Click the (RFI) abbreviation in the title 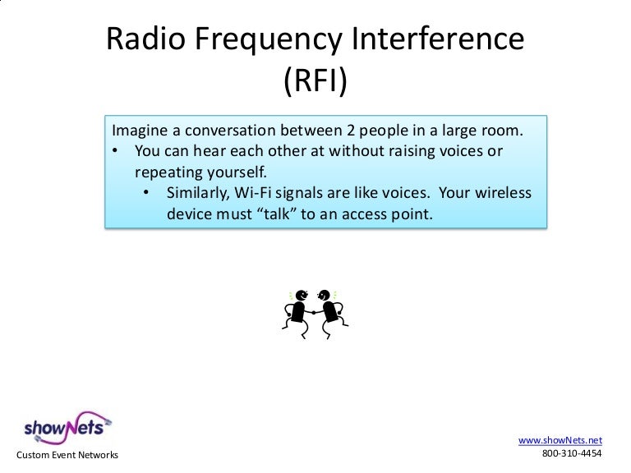tap(315, 81)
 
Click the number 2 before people tap(358, 132)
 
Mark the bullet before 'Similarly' tap(147, 194)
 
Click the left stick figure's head tap(302, 295)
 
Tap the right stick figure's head tap(325, 295)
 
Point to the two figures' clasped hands tap(313, 312)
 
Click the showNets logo tap(65, 426)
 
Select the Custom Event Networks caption tap(67, 455)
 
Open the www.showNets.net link tap(560, 439)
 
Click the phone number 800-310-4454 tap(572, 453)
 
